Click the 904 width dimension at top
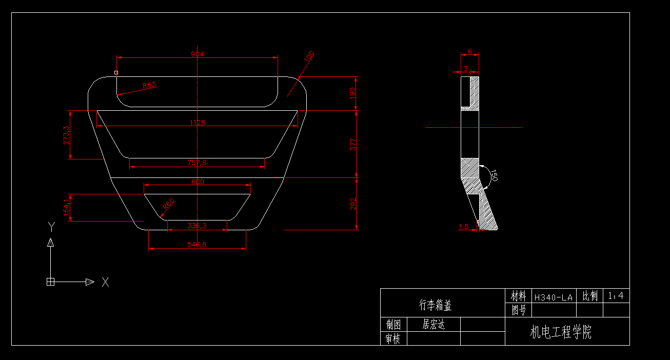point(197,54)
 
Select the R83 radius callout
point(149,85)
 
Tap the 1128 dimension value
point(197,123)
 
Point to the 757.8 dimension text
point(197,163)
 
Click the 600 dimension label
point(197,182)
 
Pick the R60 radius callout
point(168,204)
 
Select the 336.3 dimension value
point(197,226)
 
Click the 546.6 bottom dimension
point(197,245)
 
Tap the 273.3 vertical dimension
point(66,135)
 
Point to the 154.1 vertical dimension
point(66,208)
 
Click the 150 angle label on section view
point(493,175)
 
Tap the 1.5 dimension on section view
point(463,226)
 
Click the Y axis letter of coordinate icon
point(51,226)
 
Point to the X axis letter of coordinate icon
point(105,282)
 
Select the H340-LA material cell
point(553,297)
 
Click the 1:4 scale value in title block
point(616,295)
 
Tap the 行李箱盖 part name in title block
point(435,305)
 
